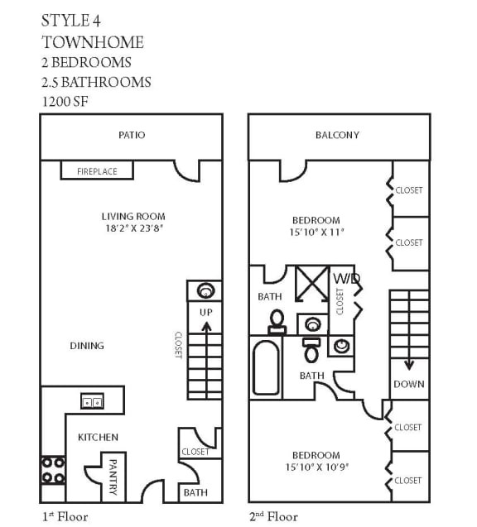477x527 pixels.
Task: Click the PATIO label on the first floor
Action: (132, 135)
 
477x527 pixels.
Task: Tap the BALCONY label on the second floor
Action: (337, 135)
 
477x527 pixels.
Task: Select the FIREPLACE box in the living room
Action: (97, 171)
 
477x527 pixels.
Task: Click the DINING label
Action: (87, 346)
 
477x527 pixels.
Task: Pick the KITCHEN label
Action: (98, 437)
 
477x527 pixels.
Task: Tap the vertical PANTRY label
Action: (113, 477)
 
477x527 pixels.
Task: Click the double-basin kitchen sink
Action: (91, 402)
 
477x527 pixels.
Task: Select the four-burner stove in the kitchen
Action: (53, 471)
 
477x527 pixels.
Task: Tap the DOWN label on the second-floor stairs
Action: (409, 384)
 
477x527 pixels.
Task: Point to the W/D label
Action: (346, 279)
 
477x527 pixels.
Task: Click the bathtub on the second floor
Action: (267, 368)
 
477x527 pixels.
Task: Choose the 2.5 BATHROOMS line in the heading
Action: (96, 81)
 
